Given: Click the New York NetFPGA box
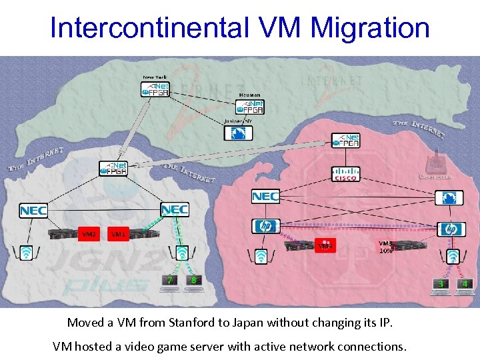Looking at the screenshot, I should [155, 89].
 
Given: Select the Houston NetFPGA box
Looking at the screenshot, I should [252, 107].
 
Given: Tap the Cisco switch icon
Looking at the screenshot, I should [346, 174].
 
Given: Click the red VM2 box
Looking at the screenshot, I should [89, 234].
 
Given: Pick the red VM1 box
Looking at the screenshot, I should [118, 234].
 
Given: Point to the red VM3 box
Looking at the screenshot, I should [325, 246].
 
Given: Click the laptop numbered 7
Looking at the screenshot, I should [170, 283].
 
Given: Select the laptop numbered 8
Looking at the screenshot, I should [194, 283].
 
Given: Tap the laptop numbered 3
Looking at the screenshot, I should [441, 286].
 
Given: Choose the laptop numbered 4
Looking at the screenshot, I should [465, 286].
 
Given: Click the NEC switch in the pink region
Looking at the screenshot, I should [265, 197].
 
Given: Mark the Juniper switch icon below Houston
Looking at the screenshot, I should [238, 133].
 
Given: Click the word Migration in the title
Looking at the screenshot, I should [370, 27].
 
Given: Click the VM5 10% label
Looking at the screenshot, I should [386, 247].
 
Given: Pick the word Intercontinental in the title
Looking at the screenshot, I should [148, 27].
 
